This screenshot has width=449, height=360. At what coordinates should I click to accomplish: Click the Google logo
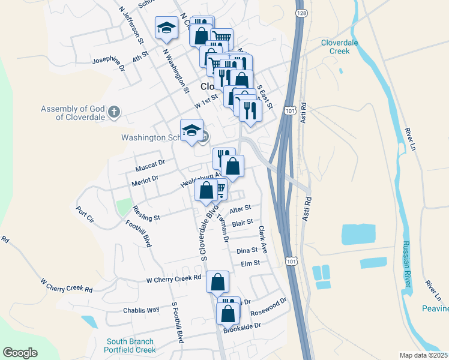(x=20, y=353)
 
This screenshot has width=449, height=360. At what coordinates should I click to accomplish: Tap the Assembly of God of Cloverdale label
(x=73, y=113)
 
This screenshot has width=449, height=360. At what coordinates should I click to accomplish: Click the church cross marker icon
(x=114, y=112)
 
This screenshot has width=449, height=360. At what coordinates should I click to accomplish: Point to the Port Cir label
(x=85, y=215)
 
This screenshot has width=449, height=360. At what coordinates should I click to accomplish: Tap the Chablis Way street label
(x=141, y=310)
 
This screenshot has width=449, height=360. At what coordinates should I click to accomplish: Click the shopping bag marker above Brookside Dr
(x=228, y=314)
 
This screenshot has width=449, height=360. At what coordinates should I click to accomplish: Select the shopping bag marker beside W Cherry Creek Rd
(x=217, y=281)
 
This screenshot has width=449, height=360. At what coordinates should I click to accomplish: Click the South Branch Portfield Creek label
(x=131, y=346)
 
